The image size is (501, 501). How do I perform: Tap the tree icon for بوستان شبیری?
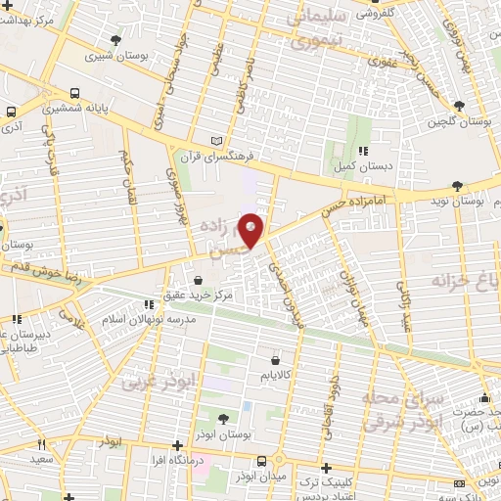116,40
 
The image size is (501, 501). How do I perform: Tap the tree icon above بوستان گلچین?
461,106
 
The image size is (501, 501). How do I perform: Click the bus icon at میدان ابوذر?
261,459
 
